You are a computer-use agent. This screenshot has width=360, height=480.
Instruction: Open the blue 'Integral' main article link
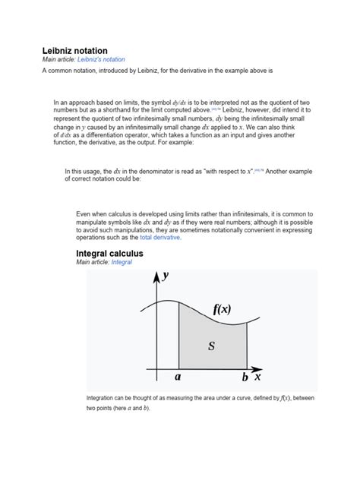[122, 262]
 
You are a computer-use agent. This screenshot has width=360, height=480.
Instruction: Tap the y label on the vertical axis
[165, 277]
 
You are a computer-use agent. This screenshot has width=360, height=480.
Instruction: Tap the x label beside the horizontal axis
[257, 376]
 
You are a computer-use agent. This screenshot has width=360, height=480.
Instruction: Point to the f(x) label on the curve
[222, 309]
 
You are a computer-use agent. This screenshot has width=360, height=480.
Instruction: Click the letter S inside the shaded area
[211, 346]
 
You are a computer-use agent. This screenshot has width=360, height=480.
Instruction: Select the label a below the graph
[178, 377]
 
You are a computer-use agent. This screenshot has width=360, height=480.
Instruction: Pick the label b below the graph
[245, 377]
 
